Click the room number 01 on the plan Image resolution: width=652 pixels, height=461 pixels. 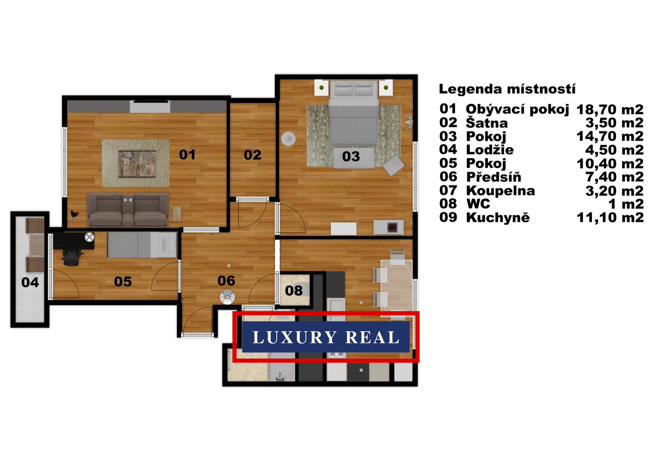(187, 155)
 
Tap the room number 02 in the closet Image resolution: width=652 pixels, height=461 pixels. (252, 155)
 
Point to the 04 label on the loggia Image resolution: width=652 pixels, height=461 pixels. (30, 282)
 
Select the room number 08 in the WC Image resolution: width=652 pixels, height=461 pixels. (294, 290)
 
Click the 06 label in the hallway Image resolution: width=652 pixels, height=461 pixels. (226, 281)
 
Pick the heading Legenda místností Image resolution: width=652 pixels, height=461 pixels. (507, 89)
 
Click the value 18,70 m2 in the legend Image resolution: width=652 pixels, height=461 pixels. (610, 109)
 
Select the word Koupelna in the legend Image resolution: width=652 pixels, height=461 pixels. (500, 191)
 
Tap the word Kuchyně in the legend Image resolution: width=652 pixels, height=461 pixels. (498, 217)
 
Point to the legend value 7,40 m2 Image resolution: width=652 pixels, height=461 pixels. (614, 177)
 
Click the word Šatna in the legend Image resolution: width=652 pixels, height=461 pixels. (487, 123)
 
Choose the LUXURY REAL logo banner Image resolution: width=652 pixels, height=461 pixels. (326, 337)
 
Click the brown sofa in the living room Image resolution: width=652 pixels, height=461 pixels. (128, 210)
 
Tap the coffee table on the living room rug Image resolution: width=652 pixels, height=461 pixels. (137, 164)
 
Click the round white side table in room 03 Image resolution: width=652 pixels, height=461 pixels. (289, 139)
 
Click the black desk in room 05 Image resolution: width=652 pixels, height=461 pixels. (74, 241)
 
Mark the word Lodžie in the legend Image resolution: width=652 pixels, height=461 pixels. (490, 150)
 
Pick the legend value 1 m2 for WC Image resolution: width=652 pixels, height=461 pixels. (626, 204)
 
